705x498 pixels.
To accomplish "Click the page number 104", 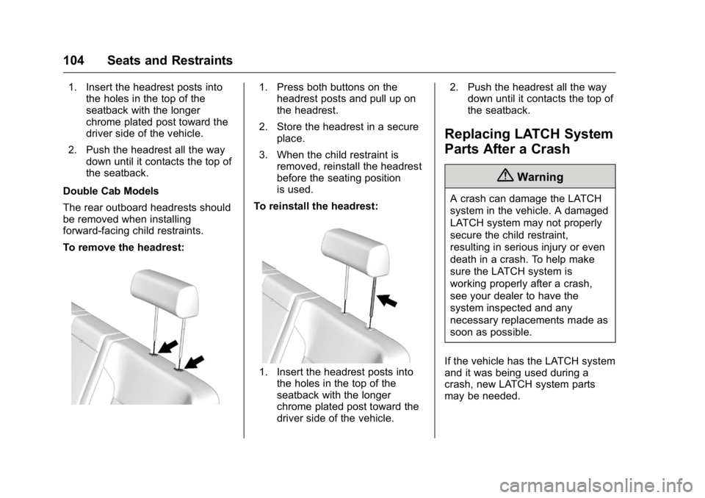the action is [x=73, y=61].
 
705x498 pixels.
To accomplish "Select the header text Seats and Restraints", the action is [x=170, y=61].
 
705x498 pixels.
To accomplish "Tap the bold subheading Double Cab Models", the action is [x=111, y=191].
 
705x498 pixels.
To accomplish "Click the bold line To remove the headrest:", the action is [x=123, y=248].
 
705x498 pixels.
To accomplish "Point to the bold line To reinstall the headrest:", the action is [x=316, y=206].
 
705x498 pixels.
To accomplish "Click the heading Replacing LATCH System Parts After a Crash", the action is [x=529, y=141].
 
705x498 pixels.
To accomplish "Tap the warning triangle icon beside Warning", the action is [x=509, y=176].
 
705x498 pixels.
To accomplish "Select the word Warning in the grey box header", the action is [x=540, y=177].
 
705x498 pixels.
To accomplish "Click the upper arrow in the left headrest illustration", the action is [x=167, y=347].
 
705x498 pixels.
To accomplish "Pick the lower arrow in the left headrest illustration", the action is [x=194, y=362].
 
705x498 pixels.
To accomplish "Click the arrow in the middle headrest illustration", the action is [x=387, y=300].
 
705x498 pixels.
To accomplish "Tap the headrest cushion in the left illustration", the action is [x=164, y=292].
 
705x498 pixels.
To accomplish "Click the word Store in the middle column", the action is [x=289, y=127].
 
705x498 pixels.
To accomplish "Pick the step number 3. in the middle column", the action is [x=264, y=155].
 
